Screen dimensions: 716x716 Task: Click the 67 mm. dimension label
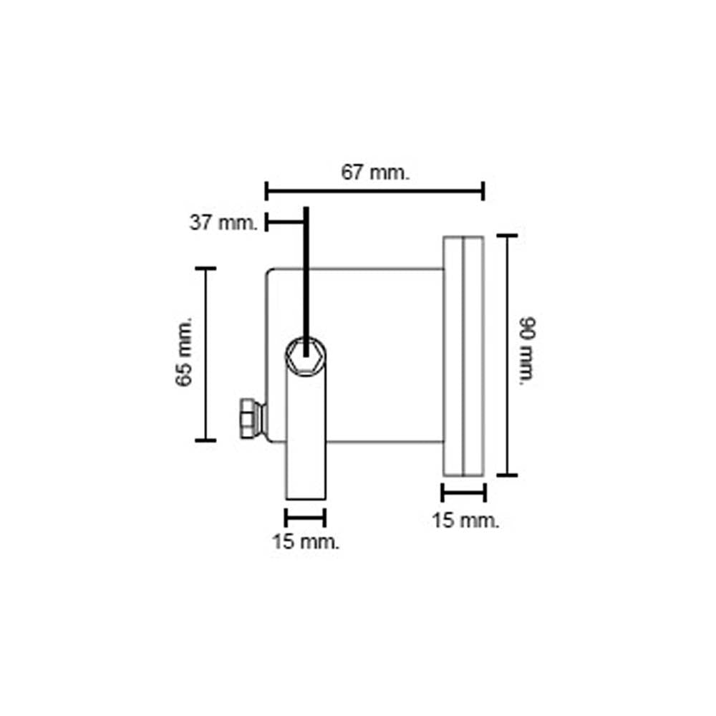375,173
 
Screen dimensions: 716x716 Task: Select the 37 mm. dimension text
223,223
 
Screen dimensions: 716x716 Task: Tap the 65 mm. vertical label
184,352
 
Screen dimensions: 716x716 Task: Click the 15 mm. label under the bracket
306,542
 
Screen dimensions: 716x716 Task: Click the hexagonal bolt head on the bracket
306,357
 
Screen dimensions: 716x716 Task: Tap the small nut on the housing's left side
251,418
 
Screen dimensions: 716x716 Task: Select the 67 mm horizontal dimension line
375,190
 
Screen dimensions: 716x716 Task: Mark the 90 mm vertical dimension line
508,355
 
